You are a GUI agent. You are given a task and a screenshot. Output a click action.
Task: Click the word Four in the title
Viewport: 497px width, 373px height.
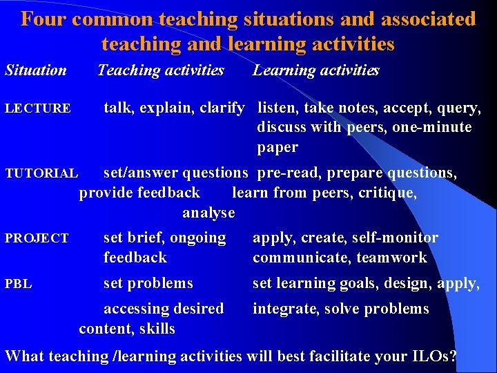pos(43,19)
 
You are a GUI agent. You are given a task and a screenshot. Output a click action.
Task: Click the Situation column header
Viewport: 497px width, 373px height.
pos(36,70)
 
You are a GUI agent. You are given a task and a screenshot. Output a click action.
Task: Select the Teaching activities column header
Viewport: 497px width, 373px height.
pos(161,70)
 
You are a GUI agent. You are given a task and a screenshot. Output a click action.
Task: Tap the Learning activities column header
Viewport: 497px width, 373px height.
pos(316,70)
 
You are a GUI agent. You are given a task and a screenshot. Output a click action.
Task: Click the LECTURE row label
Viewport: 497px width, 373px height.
pos(38,108)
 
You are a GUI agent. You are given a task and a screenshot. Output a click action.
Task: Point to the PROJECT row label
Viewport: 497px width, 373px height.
pos(37,238)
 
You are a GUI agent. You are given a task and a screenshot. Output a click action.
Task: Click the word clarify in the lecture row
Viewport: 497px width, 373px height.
pos(222,108)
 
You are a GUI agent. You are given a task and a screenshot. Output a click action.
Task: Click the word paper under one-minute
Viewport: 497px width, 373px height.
pos(277,147)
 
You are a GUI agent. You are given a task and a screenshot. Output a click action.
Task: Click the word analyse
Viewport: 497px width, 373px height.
pos(208,213)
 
